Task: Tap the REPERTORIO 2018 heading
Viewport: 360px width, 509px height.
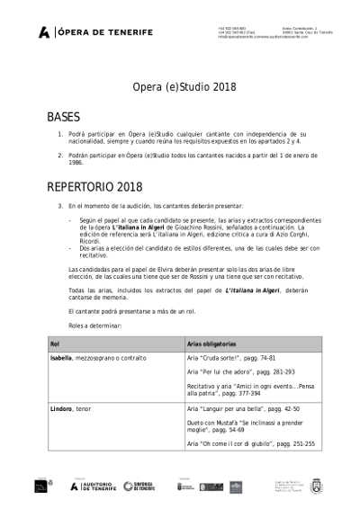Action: pyautogui.click(x=94, y=187)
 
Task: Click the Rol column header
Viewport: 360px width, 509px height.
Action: pyautogui.click(x=55, y=344)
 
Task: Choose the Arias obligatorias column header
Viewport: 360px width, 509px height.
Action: pyautogui.click(x=211, y=344)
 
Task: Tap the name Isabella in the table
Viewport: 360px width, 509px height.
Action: pyautogui.click(x=61, y=358)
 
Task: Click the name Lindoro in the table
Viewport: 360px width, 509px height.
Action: pyautogui.click(x=62, y=408)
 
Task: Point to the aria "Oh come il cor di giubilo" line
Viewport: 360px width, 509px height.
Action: pyautogui.click(x=250, y=443)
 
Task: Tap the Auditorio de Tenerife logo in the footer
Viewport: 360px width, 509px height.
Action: pyautogui.click(x=94, y=487)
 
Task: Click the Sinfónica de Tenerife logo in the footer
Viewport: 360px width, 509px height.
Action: pyautogui.click(x=139, y=487)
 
